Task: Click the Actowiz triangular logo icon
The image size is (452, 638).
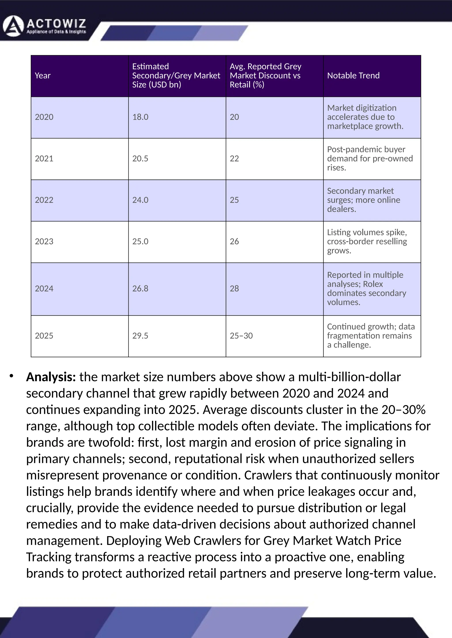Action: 13,26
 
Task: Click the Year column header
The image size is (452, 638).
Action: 43,76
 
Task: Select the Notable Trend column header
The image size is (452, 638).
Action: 353,76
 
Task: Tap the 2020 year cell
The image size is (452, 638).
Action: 44,117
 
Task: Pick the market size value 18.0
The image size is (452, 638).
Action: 140,117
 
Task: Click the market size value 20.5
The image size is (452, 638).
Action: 140,158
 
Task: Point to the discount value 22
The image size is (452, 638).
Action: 234,158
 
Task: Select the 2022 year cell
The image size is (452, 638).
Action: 44,200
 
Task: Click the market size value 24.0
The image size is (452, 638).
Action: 140,200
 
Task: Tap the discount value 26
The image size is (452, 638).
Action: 234,241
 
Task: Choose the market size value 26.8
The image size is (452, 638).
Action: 140,288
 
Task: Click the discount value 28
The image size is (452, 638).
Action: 234,288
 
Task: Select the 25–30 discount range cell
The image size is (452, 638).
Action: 241,336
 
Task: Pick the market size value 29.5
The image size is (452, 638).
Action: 140,336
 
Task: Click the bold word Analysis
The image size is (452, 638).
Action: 51,377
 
